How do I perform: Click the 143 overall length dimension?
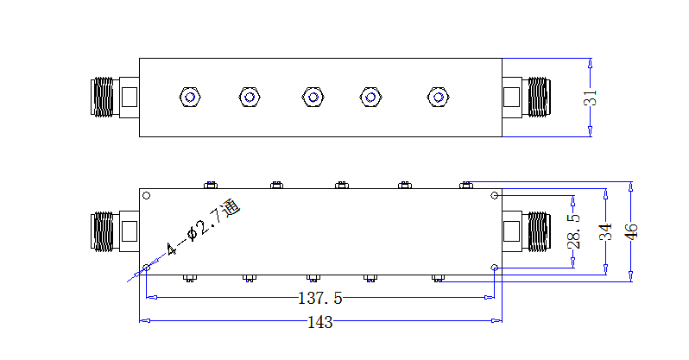(319, 322)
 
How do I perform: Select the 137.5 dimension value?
(319, 298)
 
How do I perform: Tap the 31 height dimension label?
(590, 98)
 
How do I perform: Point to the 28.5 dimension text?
(573, 231)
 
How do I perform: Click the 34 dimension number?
(605, 231)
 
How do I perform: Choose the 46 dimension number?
(630, 231)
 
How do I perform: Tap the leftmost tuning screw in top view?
(190, 98)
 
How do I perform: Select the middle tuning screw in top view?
(313, 98)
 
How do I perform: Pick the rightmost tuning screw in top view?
(438, 98)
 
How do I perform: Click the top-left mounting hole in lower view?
(147, 196)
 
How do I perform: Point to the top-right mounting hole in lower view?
(495, 196)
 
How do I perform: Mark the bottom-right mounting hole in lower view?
(495, 268)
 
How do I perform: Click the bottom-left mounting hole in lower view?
(147, 268)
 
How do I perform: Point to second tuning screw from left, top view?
(250, 98)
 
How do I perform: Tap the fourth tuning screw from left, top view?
(370, 98)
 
